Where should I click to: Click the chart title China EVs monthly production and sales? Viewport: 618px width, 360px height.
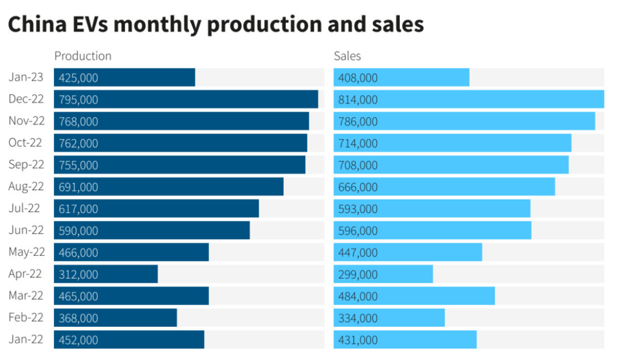pos(215,24)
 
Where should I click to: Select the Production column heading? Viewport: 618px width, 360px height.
pos(82,56)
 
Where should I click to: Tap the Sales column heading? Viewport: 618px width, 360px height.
pos(347,56)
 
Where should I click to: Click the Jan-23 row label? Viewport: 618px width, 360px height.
pos(25,77)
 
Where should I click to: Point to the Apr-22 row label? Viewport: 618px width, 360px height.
pos(25,274)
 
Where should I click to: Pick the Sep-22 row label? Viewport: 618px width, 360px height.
pos(26,165)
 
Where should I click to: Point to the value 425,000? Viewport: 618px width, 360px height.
pos(78,78)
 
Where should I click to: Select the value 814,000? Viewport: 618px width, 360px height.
pos(358,100)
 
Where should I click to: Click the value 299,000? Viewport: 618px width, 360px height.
pos(358,275)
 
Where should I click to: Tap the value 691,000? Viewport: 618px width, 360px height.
pos(78,187)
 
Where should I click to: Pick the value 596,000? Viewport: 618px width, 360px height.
pos(358,231)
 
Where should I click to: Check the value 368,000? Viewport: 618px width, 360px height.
pos(78,318)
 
